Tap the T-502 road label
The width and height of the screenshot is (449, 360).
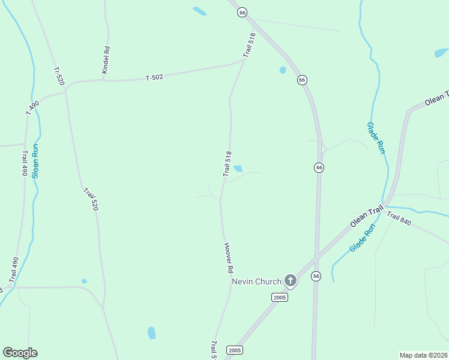155,77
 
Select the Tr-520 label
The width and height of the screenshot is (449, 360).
58,76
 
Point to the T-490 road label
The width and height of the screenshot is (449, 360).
32,107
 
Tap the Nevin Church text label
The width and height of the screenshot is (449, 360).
256,281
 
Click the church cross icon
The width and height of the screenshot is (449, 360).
291,280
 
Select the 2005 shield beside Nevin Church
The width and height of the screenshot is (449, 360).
280,297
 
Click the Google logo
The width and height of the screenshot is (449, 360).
20,353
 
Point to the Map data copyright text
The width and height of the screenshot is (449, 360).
423,355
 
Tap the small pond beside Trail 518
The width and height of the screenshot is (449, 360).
238,169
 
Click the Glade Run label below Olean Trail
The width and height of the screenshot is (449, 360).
362,238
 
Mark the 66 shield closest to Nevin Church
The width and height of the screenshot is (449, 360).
316,276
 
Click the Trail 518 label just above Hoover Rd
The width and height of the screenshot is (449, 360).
227,164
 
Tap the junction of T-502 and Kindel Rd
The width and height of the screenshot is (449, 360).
103,79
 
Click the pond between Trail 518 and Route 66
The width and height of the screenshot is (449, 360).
283,70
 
